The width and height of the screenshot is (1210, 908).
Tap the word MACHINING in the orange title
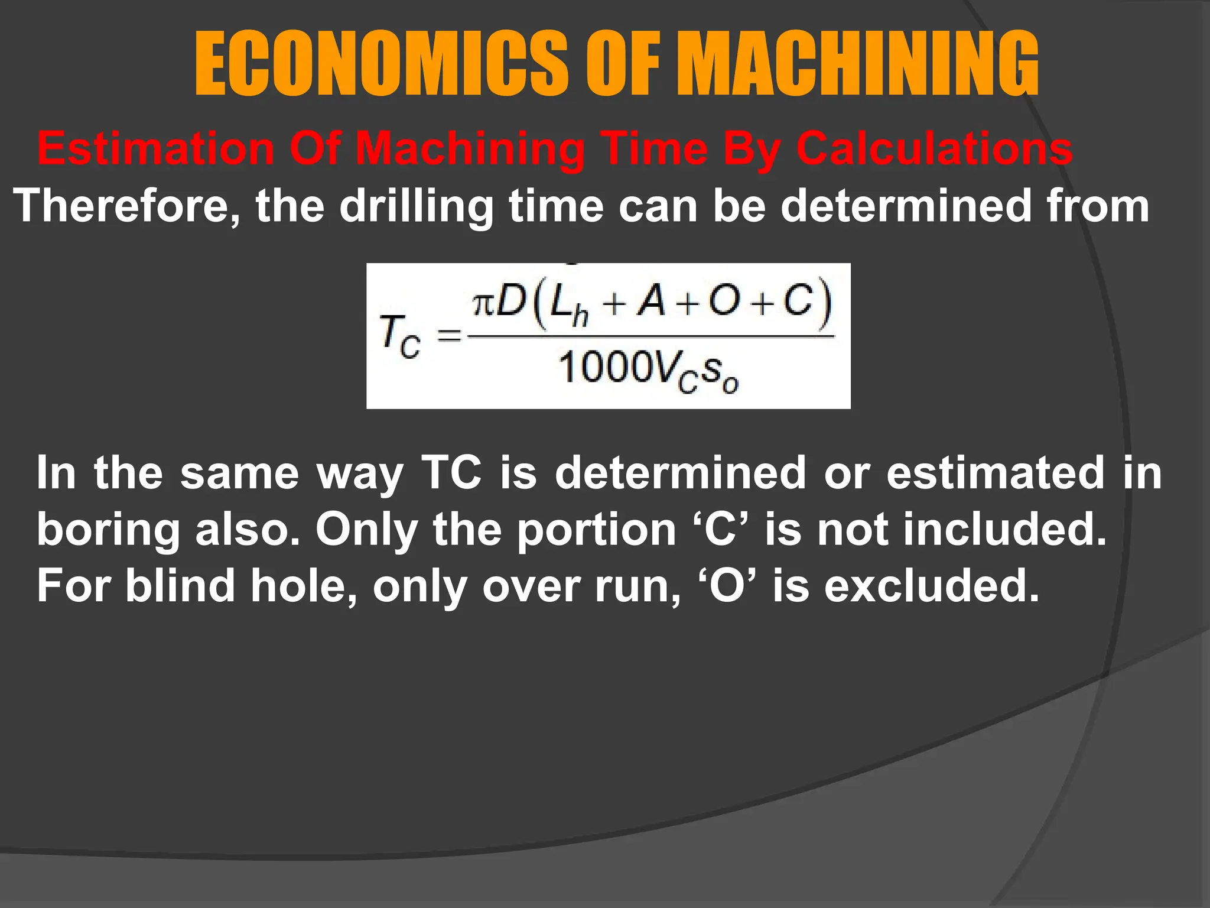857,64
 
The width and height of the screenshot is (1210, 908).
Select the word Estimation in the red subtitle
155,148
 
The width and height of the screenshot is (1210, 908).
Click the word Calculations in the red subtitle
934,148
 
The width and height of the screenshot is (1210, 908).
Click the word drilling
417,206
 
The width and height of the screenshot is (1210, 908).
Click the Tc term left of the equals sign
399,337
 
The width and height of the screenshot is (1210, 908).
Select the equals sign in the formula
449,337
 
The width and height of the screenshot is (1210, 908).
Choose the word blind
180,585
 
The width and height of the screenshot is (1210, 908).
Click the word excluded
932,585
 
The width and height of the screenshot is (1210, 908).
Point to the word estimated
995,472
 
